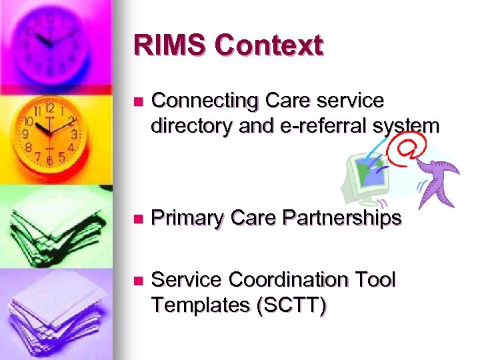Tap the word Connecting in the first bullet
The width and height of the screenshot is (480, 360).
205,101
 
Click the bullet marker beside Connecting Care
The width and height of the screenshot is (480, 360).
137,102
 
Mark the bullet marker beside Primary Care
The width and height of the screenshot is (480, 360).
137,219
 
